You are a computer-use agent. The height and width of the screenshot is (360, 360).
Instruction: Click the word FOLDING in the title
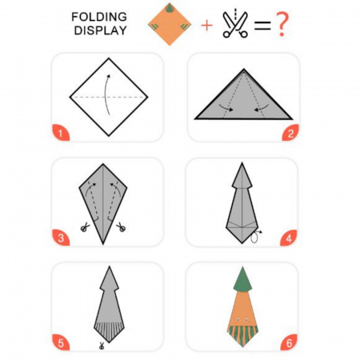pos(99,17)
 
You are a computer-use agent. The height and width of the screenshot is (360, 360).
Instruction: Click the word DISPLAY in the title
pos(100,30)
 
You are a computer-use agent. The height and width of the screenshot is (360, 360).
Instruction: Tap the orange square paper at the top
pos(170,24)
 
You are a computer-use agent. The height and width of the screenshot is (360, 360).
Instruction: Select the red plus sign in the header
pos(207,26)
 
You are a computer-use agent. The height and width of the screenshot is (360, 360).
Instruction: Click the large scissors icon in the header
pos(235,23)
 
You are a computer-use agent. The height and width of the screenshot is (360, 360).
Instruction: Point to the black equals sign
pos(262,26)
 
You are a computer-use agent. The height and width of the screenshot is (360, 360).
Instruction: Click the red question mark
pos(282,25)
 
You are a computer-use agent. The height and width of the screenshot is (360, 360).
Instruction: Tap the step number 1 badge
pos(61,133)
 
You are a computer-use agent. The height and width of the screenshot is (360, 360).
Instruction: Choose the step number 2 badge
pos(290,133)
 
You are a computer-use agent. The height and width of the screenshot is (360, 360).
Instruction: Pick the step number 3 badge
pos(61,238)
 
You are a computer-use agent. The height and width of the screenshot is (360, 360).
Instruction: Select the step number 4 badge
pos(289,238)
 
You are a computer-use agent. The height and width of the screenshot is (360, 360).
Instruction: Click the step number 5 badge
pos(61,342)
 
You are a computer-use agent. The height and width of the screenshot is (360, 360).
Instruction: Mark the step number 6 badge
pos(289,342)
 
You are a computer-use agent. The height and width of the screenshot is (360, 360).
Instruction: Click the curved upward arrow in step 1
pos(105,94)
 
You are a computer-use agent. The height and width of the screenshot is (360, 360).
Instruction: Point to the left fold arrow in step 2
pos(226,107)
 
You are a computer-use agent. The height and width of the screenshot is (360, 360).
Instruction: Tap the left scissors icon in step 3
pos(85,227)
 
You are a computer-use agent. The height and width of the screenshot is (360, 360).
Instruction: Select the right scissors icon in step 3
pos(121,227)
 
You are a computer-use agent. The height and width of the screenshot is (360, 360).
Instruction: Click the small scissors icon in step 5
pos(102,346)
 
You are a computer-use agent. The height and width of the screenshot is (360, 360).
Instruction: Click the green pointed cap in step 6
pos(242,280)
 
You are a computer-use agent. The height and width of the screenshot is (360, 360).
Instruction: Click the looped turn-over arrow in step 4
pos(254,237)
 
